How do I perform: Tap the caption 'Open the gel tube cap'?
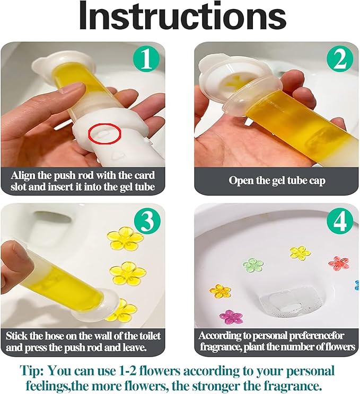point(276,180)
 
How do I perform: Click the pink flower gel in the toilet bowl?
point(231,317)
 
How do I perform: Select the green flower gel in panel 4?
point(253,264)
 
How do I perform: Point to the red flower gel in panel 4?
point(338,262)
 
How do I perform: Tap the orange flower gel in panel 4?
point(220,290)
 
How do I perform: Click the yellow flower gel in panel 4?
point(300,253)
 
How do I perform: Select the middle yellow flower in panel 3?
point(127,273)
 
